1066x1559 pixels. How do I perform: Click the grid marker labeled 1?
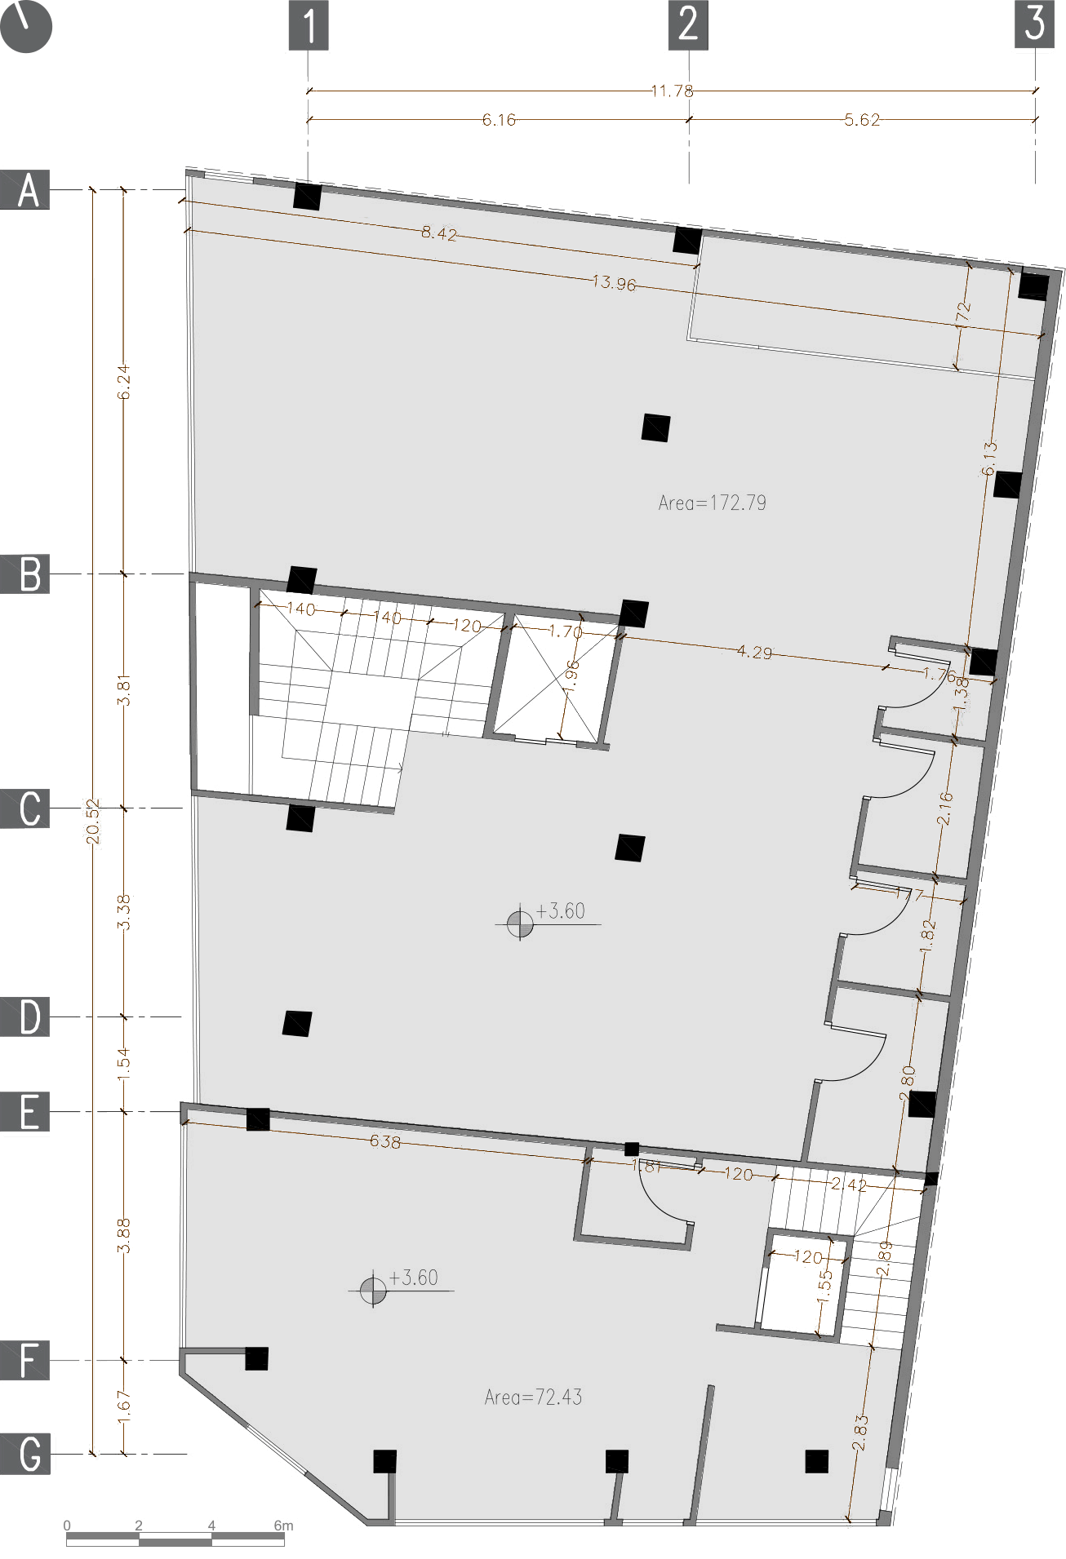click(x=309, y=25)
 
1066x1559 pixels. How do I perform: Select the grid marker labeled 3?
click(x=1034, y=24)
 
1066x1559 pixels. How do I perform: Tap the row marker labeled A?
click(x=26, y=190)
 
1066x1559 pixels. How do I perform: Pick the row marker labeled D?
click(x=26, y=1017)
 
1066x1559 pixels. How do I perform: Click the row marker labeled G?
click(x=26, y=1454)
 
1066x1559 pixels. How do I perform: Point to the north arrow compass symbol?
click(x=26, y=26)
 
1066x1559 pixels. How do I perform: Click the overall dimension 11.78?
click(x=672, y=91)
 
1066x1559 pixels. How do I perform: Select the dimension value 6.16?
click(x=499, y=120)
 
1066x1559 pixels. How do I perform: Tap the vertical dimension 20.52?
click(x=93, y=821)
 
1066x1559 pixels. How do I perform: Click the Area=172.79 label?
click(x=712, y=503)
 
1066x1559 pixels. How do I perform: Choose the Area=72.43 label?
click(x=533, y=1397)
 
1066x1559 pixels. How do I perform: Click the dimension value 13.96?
click(x=614, y=283)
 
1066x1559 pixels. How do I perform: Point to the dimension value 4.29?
click(x=754, y=652)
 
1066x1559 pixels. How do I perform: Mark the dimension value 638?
click(x=385, y=1141)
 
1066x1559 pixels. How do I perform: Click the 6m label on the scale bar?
click(x=282, y=1525)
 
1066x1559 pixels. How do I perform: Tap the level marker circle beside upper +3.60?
click(x=520, y=924)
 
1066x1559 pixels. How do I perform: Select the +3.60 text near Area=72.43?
click(x=414, y=1278)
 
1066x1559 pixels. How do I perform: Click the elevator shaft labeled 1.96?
click(x=555, y=681)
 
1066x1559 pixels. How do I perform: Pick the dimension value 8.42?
click(x=439, y=233)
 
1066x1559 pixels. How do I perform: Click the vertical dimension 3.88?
click(x=123, y=1235)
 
